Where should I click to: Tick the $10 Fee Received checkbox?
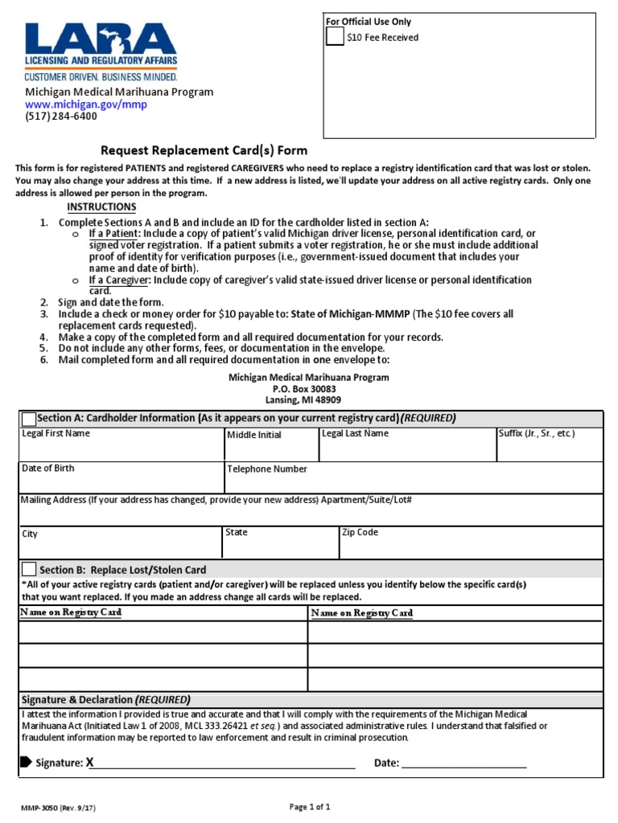[336, 37]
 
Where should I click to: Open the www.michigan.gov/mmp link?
[85, 104]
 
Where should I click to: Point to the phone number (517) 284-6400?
[60, 117]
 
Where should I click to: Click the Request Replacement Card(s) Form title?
[204, 150]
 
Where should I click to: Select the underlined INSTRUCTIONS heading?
[101, 207]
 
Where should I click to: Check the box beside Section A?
[29, 419]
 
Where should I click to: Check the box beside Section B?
[30, 570]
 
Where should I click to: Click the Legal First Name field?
[121, 448]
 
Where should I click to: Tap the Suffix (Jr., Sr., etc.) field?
[549, 448]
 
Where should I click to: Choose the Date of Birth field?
[121, 481]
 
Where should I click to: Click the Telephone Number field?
[413, 481]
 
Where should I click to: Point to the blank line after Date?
[463, 763]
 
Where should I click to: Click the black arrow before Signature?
[26, 762]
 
